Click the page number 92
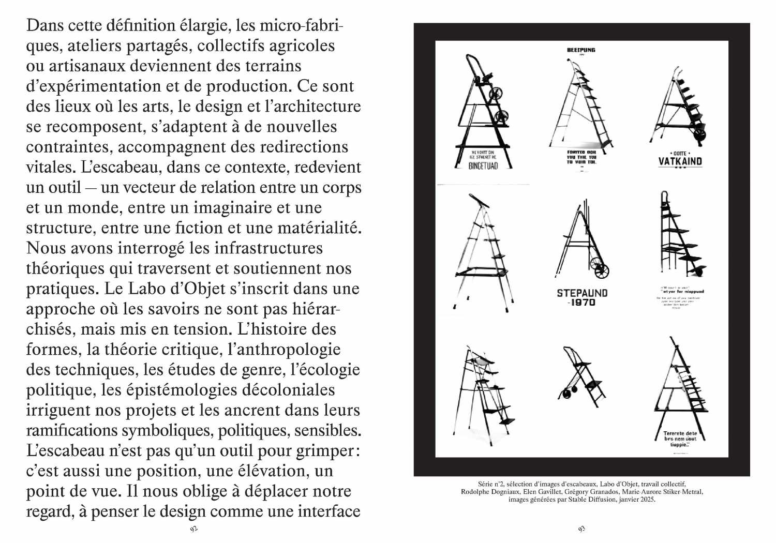(194, 529)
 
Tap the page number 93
(581, 529)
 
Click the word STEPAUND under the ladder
(582, 293)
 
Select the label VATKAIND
(680, 161)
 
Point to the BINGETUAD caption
(483, 166)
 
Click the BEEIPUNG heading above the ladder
(581, 50)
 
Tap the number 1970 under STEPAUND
(583, 303)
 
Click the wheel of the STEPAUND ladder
(602, 270)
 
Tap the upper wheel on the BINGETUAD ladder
(496, 93)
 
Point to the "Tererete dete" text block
(680, 439)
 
